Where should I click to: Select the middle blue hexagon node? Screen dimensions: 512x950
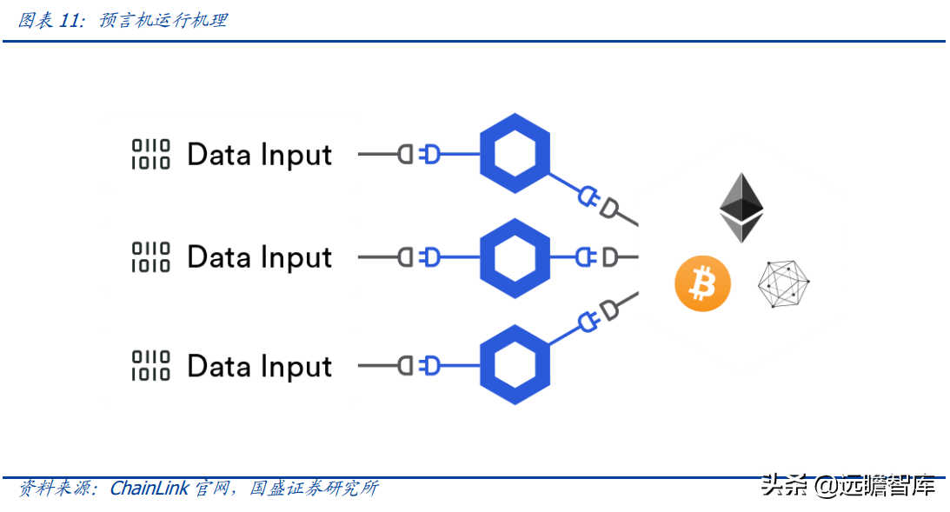pos(515,258)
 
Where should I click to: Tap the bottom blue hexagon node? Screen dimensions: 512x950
pos(515,365)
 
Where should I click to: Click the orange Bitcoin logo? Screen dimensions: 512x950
pos(702,283)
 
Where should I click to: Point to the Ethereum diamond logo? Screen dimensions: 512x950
pos(741,208)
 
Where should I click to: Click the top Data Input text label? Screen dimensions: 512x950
pos(259,155)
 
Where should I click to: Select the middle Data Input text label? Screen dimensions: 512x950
pos(259,257)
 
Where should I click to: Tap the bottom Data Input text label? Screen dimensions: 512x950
pos(259,366)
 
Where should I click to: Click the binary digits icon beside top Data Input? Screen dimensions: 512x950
pos(151,154)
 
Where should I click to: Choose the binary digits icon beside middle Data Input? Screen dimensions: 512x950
pos(151,257)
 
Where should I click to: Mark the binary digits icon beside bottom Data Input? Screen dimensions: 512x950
pos(151,365)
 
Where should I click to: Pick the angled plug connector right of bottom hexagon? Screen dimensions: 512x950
pos(600,316)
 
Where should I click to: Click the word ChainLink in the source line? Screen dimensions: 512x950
pos(149,489)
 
